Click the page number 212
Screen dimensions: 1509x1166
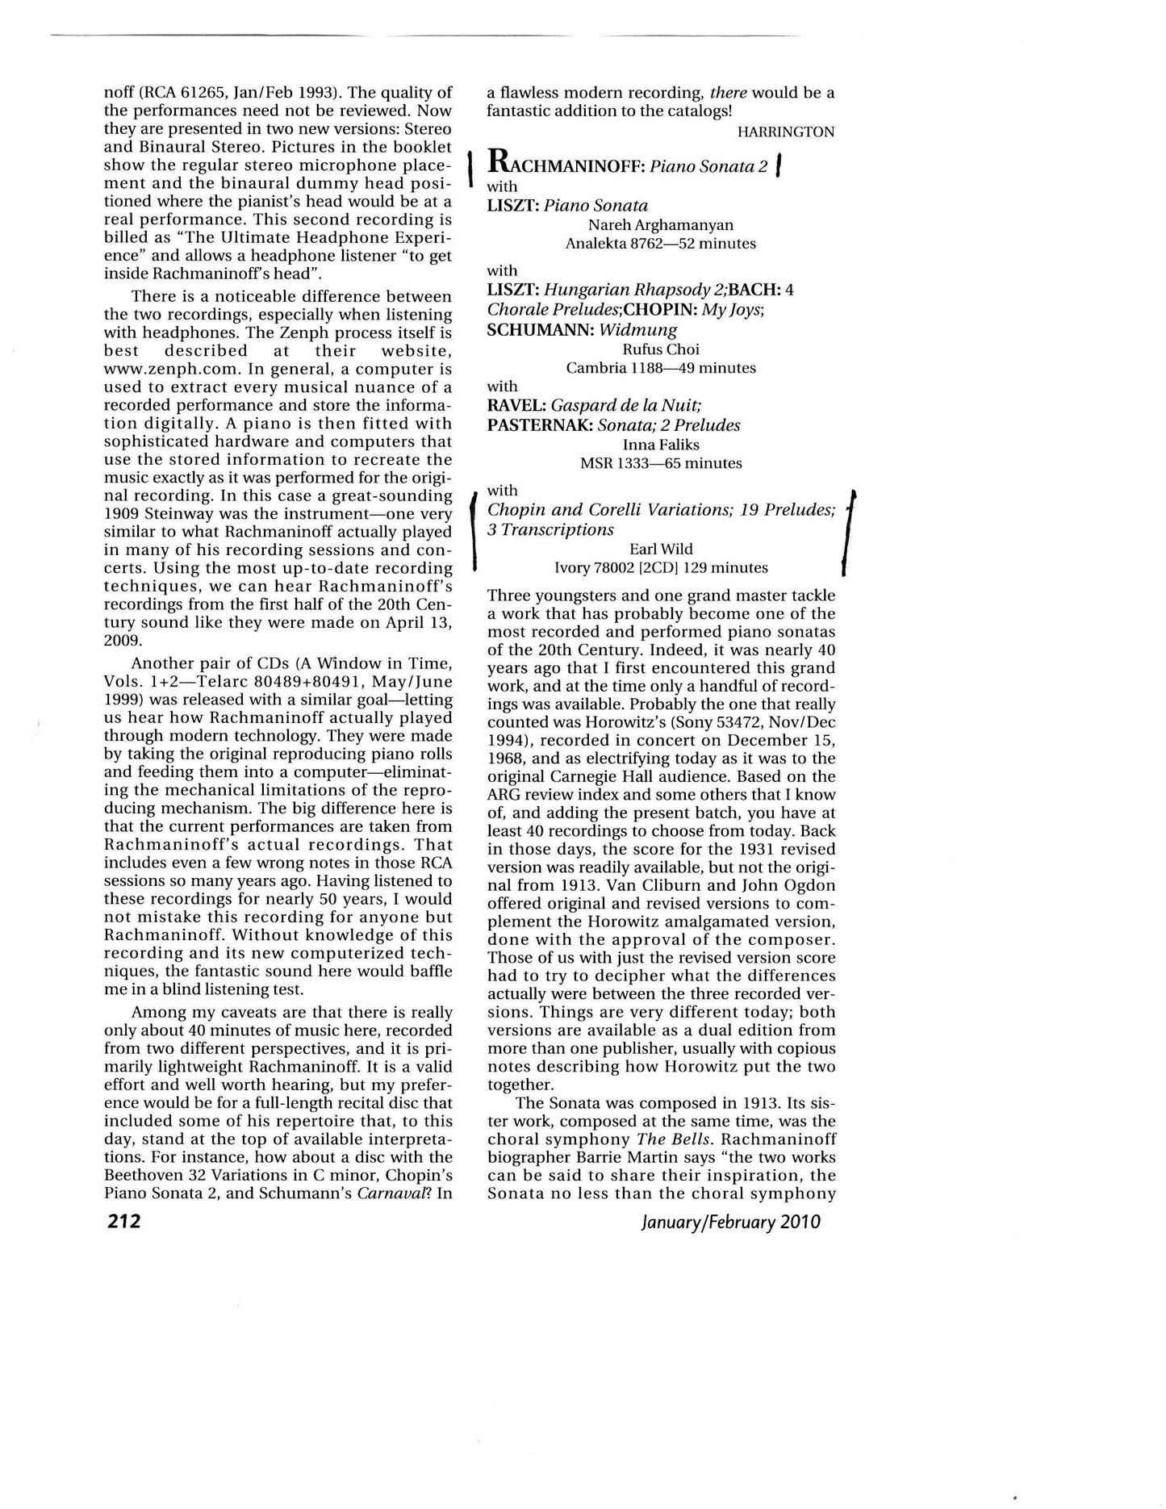click(x=123, y=1221)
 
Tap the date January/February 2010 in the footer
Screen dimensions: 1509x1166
click(x=730, y=1221)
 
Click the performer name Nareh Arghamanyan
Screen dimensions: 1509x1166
click(x=661, y=225)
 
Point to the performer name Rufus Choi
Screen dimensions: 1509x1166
click(x=661, y=349)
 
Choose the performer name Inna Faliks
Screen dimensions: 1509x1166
click(x=661, y=445)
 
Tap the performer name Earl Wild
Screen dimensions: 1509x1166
click(x=661, y=550)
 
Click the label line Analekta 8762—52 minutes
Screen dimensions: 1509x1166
click(x=661, y=244)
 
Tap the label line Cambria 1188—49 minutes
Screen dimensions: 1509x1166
click(x=661, y=368)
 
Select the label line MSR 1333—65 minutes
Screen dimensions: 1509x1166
click(x=661, y=463)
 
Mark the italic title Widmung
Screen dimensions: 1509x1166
click(x=638, y=330)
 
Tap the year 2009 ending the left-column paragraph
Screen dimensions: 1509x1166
click(x=123, y=641)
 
